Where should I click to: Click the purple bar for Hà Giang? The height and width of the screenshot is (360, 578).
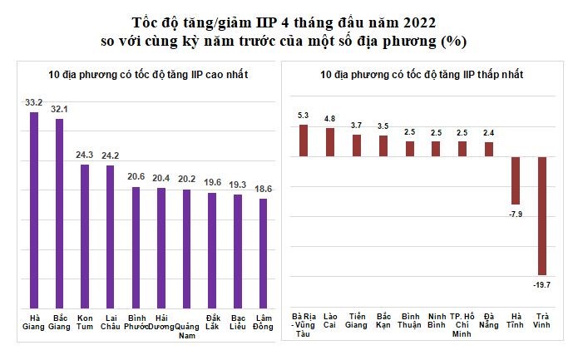[34, 210]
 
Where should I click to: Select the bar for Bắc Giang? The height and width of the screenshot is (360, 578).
[60, 214]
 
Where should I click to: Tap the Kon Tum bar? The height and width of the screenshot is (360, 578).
[85, 236]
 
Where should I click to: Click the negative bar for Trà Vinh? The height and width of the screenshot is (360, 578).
[542, 215]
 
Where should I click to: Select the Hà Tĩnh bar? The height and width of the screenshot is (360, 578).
[516, 180]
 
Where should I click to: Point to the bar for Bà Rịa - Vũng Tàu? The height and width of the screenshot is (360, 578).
[304, 141]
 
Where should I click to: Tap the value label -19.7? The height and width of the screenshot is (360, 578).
[542, 284]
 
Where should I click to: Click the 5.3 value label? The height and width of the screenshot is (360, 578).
[304, 116]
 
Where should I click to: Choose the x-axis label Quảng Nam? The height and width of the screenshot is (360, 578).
[186, 331]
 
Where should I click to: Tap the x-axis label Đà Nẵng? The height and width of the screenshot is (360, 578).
[488, 321]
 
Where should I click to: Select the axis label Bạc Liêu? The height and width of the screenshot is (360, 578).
[238, 321]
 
